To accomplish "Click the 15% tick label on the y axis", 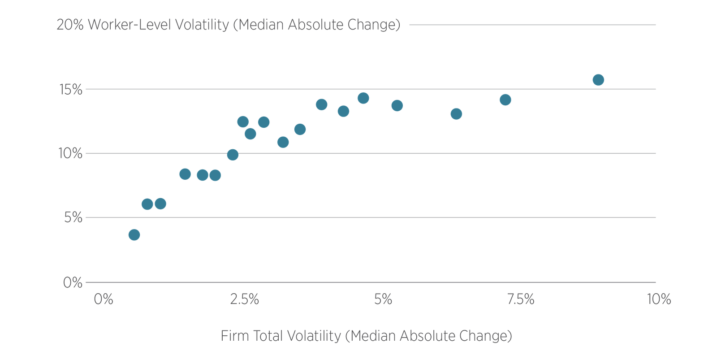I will point(71,90).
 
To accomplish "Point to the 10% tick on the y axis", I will point(71,154).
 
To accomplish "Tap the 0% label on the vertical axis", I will point(73,283).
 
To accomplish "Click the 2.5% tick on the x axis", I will point(244,299).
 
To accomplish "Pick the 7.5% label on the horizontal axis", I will point(521,299).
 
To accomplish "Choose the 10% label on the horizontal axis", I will point(658,299).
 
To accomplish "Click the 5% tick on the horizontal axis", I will point(383,299).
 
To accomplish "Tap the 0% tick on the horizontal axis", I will point(104,299).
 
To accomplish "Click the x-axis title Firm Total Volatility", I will point(366,336).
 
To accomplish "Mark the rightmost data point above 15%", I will point(598,80).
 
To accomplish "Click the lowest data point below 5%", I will point(134,234).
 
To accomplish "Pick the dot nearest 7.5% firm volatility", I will point(505,100).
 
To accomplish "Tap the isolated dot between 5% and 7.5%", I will point(456,114).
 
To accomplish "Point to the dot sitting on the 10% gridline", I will point(233,155).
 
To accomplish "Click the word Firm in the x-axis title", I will point(235,336).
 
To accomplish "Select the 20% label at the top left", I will point(70,25).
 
